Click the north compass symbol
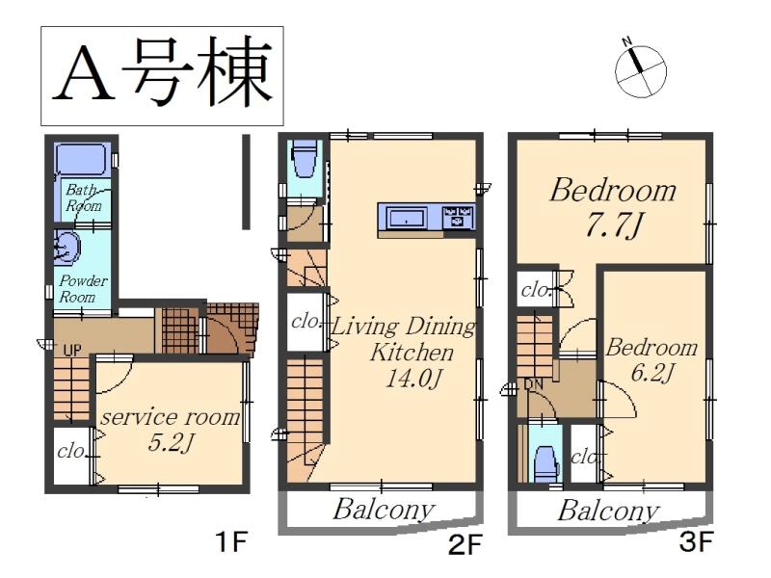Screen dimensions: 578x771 [639, 69]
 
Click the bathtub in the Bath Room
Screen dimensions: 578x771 [81, 160]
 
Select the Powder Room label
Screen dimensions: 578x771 [84, 288]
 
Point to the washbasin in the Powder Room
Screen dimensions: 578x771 [66, 250]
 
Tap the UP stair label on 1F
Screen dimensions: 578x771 [71, 351]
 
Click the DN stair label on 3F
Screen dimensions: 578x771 [535, 384]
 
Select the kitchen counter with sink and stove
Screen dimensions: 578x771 [426, 219]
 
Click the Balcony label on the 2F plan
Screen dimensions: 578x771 [383, 510]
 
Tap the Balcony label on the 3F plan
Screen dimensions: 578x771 [608, 511]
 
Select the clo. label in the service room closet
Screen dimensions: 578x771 [70, 450]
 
